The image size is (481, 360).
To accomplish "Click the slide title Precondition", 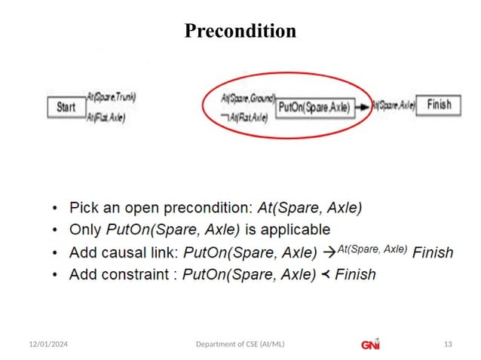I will (x=240, y=31).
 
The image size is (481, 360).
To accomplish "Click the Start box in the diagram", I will (x=66, y=107).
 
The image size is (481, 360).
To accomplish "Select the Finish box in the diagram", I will (x=438, y=105).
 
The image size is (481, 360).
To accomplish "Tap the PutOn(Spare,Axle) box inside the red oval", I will (x=314, y=108).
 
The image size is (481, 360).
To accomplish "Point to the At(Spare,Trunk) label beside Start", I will (x=111, y=96).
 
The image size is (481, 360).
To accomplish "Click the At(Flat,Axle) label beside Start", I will (x=106, y=117).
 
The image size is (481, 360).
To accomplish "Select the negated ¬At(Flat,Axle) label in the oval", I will (x=244, y=117).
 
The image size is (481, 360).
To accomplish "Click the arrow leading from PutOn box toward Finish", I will (x=363, y=108).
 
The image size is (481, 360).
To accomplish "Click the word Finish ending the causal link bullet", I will (x=434, y=252).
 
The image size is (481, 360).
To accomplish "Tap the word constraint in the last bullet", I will (x=139, y=275).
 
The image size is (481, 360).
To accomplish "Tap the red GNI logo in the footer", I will (x=370, y=343).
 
